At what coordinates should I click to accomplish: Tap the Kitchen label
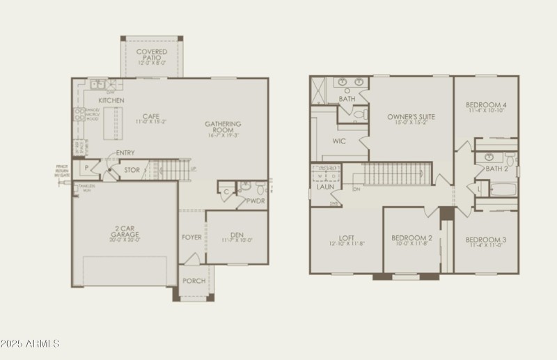[x=111, y=101]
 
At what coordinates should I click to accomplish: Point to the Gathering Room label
[x=223, y=127]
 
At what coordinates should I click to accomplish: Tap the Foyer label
[x=191, y=237]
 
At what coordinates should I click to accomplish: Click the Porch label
[x=194, y=281]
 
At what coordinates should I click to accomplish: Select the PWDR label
[x=256, y=201]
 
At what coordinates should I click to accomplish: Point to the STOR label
[x=132, y=170]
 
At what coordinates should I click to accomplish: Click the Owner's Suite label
[x=411, y=117]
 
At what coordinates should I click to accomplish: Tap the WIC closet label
[x=339, y=141]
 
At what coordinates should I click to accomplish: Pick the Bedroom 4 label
[x=486, y=105]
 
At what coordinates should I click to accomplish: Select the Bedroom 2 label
[x=411, y=238]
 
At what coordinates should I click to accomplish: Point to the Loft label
[x=346, y=237]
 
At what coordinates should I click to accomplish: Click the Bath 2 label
[x=496, y=169]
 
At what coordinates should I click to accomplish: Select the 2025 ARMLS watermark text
[x=30, y=344]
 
